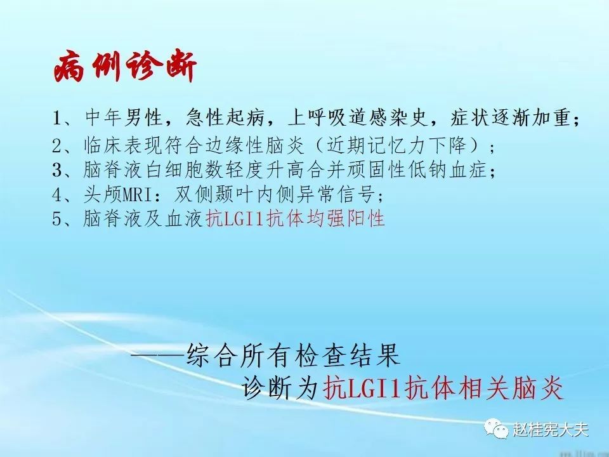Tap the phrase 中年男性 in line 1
(x=124, y=117)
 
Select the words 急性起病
(x=225, y=117)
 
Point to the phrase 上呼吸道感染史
(x=358, y=117)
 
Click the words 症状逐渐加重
(x=510, y=117)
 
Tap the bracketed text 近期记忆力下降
(x=396, y=145)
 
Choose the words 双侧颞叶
(x=214, y=194)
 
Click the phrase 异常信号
(x=336, y=194)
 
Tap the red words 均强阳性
(x=346, y=218)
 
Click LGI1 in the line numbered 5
(x=245, y=219)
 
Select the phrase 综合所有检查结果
(x=293, y=355)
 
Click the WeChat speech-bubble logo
(x=496, y=428)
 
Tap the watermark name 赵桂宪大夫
(x=551, y=430)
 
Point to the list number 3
(x=58, y=170)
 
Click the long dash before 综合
(x=159, y=354)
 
